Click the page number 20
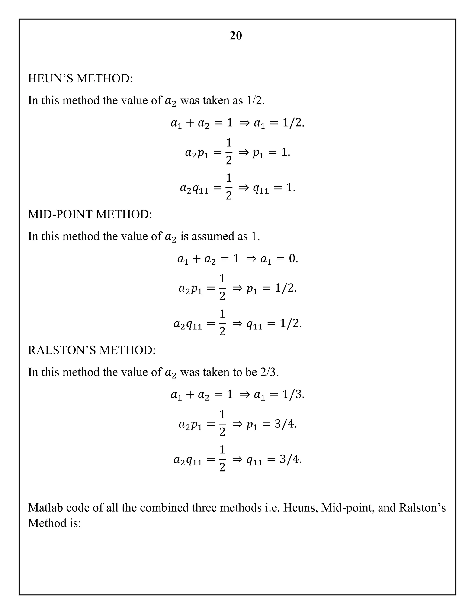(x=236, y=36)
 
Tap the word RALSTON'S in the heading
(x=62, y=350)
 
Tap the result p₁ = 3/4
(x=271, y=424)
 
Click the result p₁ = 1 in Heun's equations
(x=271, y=153)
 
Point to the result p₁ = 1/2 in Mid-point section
(x=271, y=288)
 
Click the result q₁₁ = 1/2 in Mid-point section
(x=274, y=324)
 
